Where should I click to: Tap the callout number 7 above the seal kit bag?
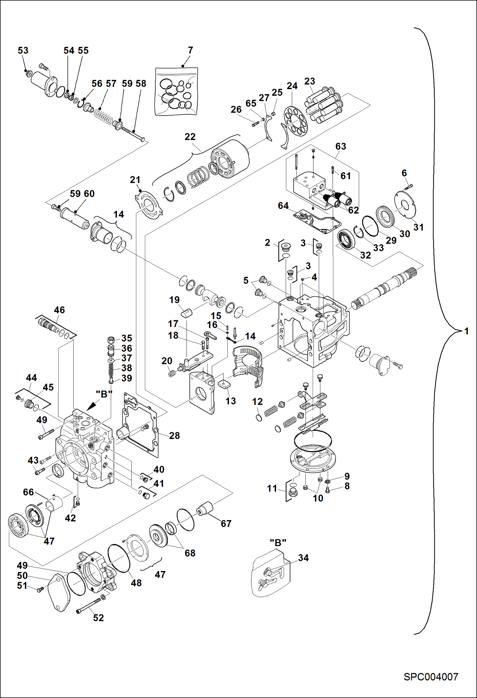190,50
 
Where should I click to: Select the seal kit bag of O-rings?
176,91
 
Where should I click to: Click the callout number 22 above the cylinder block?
190,137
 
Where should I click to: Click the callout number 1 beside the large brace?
466,331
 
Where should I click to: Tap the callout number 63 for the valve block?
341,146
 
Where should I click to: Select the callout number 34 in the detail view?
303,558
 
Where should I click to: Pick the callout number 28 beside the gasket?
174,435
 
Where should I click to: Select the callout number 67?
226,524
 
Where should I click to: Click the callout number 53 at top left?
23,50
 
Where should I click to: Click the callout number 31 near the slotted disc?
418,227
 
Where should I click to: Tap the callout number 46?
60,310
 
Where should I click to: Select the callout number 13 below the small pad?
231,401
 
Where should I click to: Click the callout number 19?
174,300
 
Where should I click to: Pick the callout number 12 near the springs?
257,402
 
